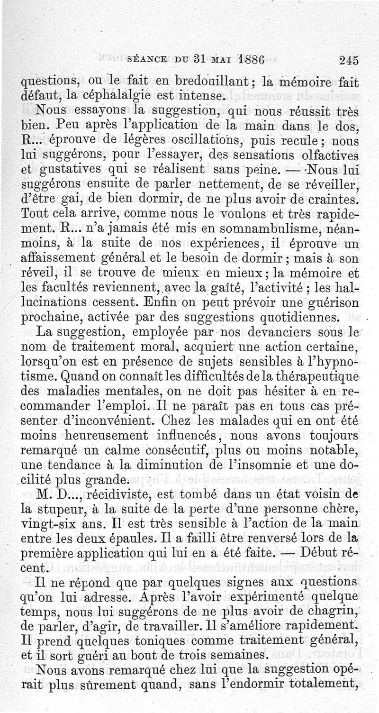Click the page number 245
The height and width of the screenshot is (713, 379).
click(348, 60)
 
